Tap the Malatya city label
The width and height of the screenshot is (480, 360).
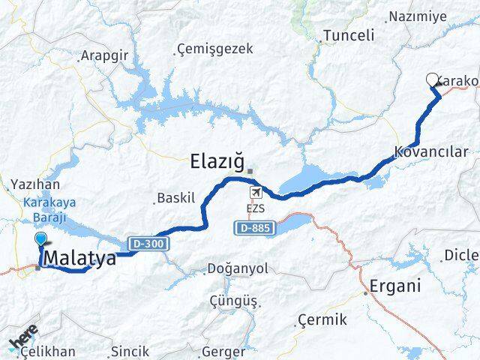pyautogui.click(x=80, y=259)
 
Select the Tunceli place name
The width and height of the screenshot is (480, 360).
pyautogui.click(x=348, y=35)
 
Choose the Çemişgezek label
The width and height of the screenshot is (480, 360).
pyautogui.click(x=215, y=49)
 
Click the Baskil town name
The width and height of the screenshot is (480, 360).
pyautogui.click(x=176, y=199)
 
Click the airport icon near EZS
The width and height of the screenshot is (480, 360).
pyautogui.click(x=257, y=193)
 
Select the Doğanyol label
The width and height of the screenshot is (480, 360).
pyautogui.click(x=240, y=268)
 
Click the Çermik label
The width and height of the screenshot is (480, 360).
pyautogui.click(x=322, y=320)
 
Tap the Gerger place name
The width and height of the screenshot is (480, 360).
pyautogui.click(x=223, y=351)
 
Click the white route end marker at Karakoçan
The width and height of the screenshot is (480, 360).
pyautogui.click(x=431, y=79)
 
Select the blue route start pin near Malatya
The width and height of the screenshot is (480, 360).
pyautogui.click(x=40, y=240)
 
